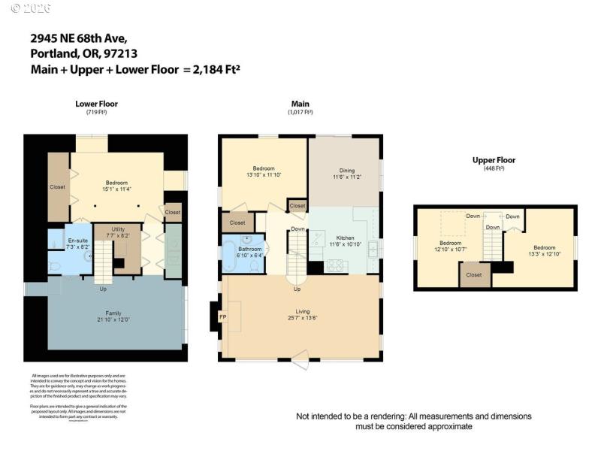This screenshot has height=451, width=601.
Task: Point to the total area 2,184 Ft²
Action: (212, 69)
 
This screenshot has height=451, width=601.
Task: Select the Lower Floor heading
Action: (96, 104)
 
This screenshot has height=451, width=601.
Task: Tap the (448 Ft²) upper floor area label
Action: (494, 168)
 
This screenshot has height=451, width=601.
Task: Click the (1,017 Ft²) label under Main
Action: (300, 112)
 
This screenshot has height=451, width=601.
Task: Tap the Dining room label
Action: (347, 170)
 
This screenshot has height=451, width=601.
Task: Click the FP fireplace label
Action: (222, 317)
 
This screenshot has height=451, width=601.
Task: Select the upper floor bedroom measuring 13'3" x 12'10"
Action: (545, 250)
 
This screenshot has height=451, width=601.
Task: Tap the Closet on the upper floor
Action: (473, 275)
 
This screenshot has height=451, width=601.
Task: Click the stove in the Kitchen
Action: (334, 265)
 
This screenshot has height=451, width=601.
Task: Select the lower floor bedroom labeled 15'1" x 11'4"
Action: (116, 186)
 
